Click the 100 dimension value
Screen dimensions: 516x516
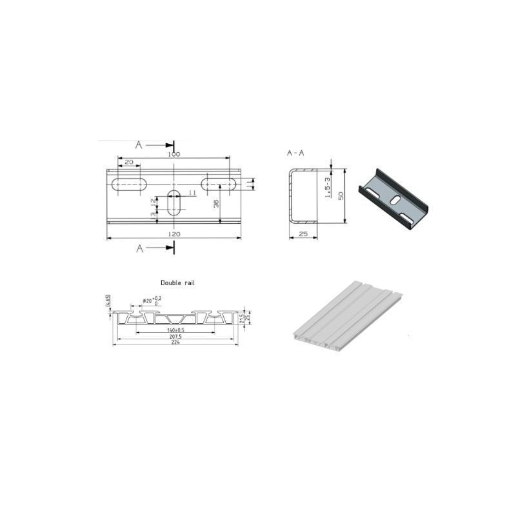tap(174, 155)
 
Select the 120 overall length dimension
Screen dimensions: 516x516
tap(174, 233)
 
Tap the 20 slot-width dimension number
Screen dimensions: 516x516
tap(129, 162)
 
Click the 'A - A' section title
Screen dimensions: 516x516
tap(296, 154)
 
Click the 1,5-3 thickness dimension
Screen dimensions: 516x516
tap(328, 189)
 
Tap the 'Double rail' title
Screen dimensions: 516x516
tap(177, 283)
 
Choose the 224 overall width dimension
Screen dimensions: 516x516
tap(175, 342)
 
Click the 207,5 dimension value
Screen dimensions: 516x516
tap(175, 336)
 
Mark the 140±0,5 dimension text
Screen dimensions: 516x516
tap(175, 330)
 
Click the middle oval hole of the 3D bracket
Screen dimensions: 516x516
tap(393, 199)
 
